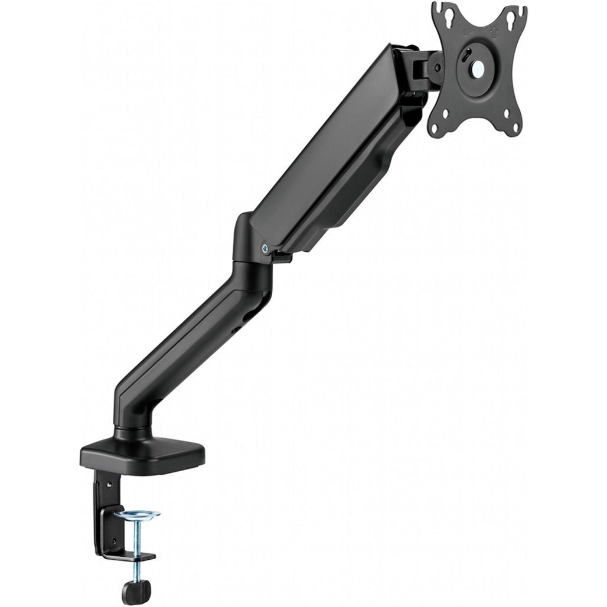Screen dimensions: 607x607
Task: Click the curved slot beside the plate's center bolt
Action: (x=466, y=60)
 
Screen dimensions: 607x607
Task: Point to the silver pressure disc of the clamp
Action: (x=136, y=515)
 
